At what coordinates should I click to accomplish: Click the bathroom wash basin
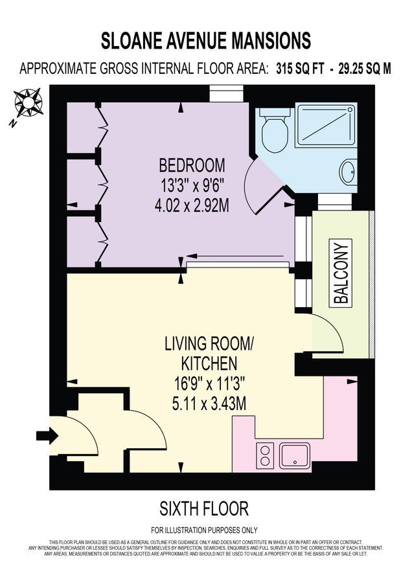tap(348, 172)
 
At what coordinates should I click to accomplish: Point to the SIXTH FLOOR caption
tap(204, 507)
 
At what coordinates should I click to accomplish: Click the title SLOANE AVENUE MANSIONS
tap(206, 41)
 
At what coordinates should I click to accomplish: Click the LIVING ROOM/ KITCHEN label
tap(209, 353)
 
